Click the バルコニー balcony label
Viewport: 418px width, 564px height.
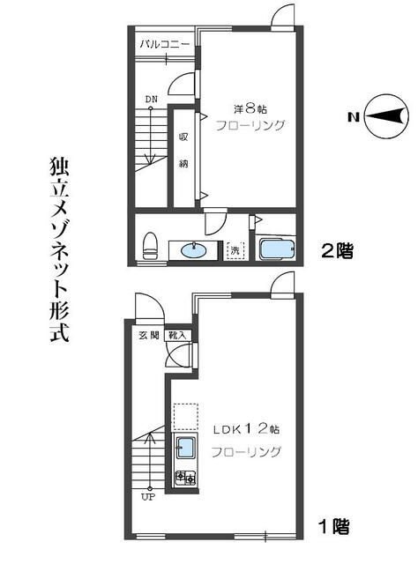166,44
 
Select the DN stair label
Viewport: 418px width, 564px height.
151,99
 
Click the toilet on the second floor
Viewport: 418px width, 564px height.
150,245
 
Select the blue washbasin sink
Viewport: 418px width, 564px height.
196,250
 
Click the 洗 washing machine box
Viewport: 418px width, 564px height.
235,249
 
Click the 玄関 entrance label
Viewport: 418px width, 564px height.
148,335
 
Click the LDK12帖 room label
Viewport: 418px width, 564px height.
245,430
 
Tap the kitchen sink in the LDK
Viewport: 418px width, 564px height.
186,449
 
